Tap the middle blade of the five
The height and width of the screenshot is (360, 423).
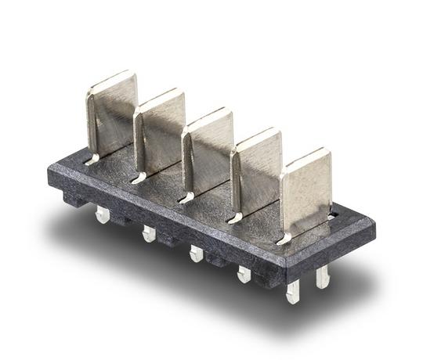pos(208,151)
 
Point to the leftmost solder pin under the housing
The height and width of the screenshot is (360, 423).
pos(101,214)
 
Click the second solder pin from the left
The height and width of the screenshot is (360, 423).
pos(148,233)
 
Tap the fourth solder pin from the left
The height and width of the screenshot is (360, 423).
pos(244,273)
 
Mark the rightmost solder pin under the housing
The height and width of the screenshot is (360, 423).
pos(322,275)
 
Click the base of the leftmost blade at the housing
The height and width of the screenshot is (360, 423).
pos(94,160)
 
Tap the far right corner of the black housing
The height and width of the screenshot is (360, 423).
pos(373,227)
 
